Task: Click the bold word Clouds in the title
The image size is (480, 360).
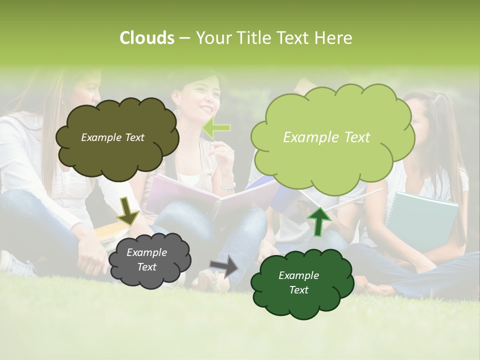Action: click(x=146, y=38)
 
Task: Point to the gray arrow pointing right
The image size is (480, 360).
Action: click(x=224, y=266)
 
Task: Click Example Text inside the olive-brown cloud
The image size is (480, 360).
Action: click(x=112, y=137)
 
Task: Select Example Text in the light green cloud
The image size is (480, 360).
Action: click(x=326, y=137)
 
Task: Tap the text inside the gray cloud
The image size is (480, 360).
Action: click(x=147, y=259)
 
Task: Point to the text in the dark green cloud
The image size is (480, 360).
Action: click(x=298, y=282)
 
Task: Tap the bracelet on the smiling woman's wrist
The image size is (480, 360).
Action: click(x=228, y=188)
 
